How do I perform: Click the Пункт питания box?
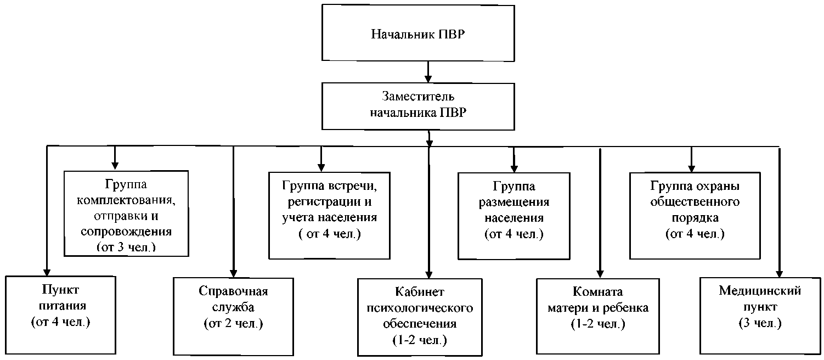point(60,315)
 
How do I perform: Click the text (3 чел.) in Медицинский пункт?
point(760,324)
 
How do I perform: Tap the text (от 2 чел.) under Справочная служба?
point(234,324)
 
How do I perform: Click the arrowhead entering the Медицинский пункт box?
point(778,273)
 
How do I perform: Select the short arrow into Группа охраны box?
point(691,159)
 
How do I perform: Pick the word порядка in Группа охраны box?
point(695,218)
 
